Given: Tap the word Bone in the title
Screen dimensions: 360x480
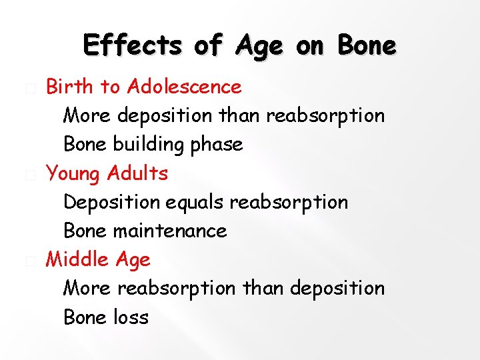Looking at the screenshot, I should [367, 46].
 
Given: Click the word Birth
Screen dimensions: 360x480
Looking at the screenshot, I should [70, 87].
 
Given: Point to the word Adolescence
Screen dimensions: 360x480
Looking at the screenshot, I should [185, 87].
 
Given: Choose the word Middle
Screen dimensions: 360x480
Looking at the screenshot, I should [77, 259].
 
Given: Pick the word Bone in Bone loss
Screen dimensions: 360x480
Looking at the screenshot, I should [85, 317].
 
